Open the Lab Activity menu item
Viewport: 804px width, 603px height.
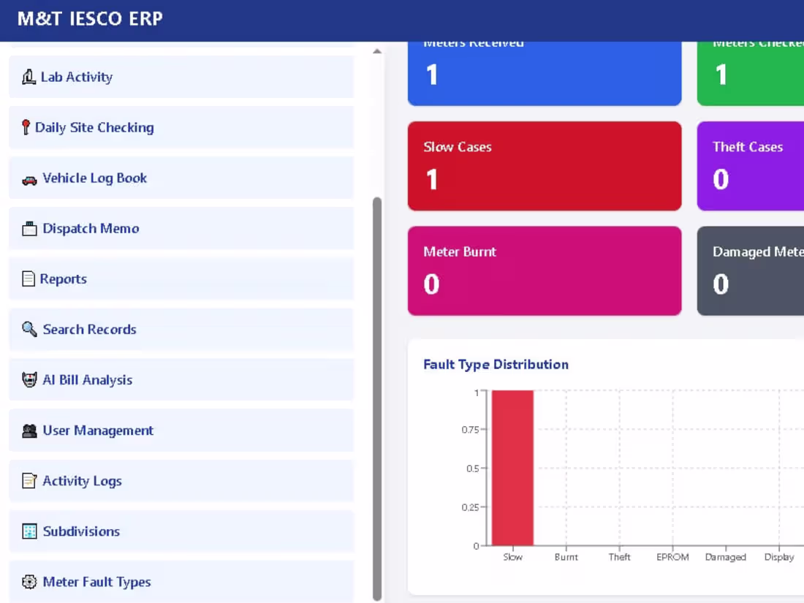point(77,77)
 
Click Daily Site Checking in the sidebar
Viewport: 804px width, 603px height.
point(94,127)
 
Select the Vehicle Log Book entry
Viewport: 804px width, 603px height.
point(94,178)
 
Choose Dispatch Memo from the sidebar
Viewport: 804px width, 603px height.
point(91,228)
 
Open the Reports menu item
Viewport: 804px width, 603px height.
point(63,278)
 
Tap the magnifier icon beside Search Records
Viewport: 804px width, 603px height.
point(29,329)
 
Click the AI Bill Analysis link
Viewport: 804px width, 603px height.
point(87,380)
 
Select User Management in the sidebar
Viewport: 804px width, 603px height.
point(98,431)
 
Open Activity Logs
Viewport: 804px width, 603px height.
point(82,481)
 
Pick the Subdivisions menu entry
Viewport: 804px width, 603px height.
point(81,531)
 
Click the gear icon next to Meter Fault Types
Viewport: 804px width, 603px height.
point(29,582)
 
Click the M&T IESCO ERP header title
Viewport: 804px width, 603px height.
point(90,19)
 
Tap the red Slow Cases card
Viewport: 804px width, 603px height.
point(545,166)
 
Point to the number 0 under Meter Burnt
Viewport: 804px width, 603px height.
point(431,284)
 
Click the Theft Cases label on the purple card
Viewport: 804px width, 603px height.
point(748,147)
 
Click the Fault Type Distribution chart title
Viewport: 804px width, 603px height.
point(496,364)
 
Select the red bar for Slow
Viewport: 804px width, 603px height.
point(512,468)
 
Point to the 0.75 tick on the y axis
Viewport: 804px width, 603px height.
point(470,430)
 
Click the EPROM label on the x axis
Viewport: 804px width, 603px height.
point(672,557)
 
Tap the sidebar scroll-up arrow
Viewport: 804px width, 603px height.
point(377,52)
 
